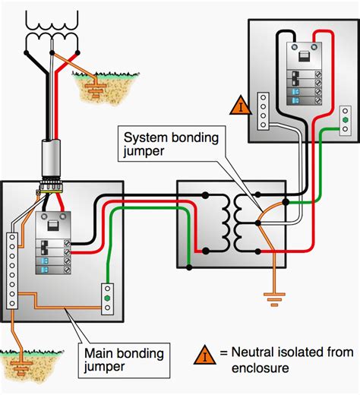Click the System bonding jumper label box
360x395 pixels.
[172, 144]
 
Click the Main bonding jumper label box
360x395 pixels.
[124, 361]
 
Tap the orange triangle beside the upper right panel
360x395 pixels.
[241, 106]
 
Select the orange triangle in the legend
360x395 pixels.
[204, 355]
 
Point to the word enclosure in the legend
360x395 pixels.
[260, 368]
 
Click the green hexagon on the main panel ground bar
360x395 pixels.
[107, 298]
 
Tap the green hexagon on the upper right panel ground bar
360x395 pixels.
[345, 120]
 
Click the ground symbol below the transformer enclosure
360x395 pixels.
[274, 299]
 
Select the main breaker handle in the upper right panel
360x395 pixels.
[304, 56]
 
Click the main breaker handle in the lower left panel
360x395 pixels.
[53, 226]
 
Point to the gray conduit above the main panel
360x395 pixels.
[51, 157]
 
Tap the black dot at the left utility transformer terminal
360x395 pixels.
[26, 52]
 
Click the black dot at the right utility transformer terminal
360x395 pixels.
[77, 52]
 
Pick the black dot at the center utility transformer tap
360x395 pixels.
[52, 52]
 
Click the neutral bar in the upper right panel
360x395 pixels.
[263, 111]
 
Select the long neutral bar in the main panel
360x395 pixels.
[12, 270]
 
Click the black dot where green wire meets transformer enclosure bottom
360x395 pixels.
[189, 267]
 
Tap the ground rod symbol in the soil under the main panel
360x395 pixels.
[21, 368]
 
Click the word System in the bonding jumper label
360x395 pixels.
[145, 138]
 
